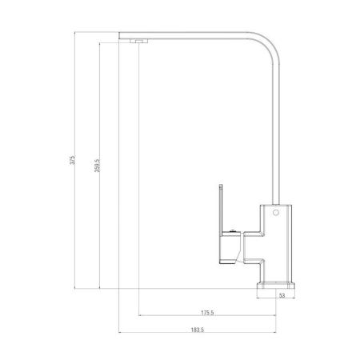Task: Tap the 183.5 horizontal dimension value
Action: (x=197, y=330)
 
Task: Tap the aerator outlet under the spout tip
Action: (x=138, y=40)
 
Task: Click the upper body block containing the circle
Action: (x=277, y=219)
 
